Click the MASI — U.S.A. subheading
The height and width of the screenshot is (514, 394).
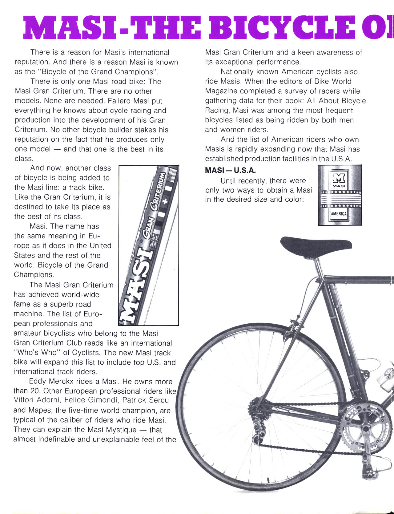tap(230, 170)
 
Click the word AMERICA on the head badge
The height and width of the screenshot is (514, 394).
tap(339, 213)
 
